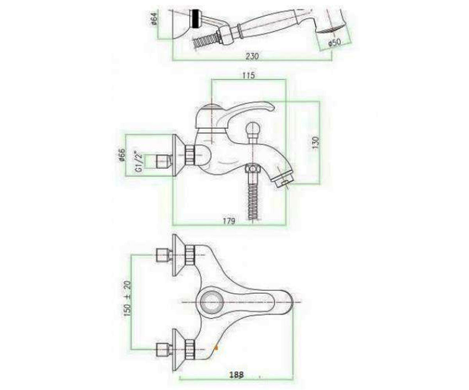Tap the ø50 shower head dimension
click(x=335, y=43)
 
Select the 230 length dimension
click(x=252, y=56)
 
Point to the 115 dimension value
click(x=249, y=76)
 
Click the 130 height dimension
click(x=315, y=143)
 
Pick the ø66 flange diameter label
click(x=122, y=155)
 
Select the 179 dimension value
click(x=229, y=221)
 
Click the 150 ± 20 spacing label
click(x=127, y=298)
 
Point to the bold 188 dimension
click(x=236, y=374)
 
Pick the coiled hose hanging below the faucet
click(x=253, y=201)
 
